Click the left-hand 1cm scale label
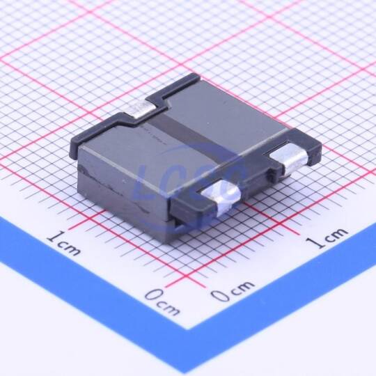(x=63, y=242)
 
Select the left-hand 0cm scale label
(x=162, y=302)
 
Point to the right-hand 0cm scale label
(x=233, y=290)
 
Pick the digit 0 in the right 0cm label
(x=219, y=295)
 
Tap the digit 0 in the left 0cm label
(x=154, y=295)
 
